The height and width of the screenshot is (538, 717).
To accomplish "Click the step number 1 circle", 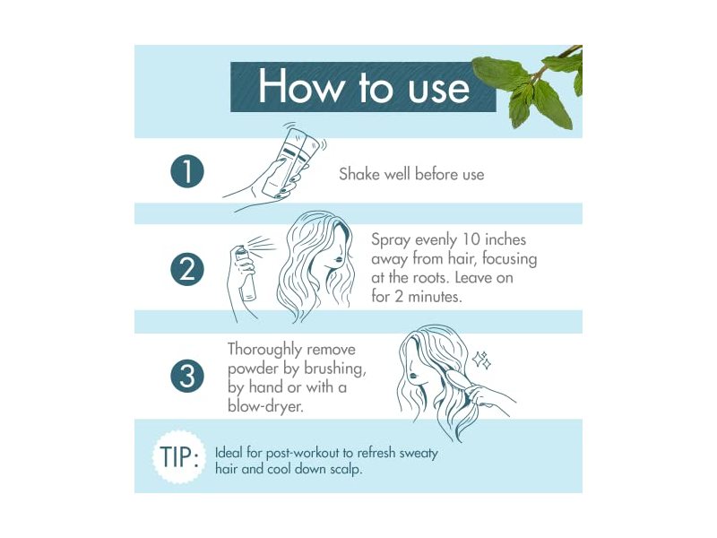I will click(187, 172).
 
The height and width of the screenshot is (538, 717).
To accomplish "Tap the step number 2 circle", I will click(187, 269).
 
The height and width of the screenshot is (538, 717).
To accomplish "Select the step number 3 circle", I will click(187, 376).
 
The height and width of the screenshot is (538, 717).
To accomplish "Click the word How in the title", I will click(296, 87).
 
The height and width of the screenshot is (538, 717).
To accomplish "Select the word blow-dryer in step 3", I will click(264, 404).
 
